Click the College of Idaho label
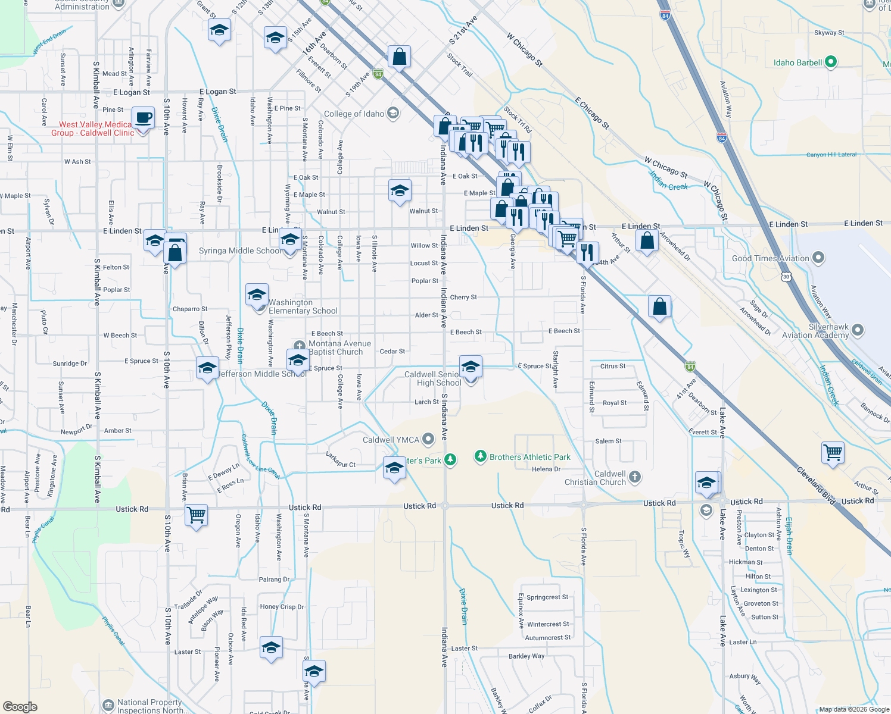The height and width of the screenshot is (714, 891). pyautogui.click(x=354, y=114)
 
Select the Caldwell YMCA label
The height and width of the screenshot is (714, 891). pyautogui.click(x=391, y=440)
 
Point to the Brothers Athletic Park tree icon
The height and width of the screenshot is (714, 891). pyautogui.click(x=480, y=456)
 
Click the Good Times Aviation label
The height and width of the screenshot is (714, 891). pyautogui.click(x=770, y=258)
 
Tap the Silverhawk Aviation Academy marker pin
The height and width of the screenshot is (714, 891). pyautogui.click(x=858, y=330)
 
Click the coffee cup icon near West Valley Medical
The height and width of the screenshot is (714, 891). pyautogui.click(x=142, y=117)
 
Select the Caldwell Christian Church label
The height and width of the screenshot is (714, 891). pyautogui.click(x=595, y=478)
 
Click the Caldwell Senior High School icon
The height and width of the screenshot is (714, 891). pyautogui.click(x=470, y=367)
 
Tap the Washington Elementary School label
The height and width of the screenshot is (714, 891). pyautogui.click(x=303, y=306)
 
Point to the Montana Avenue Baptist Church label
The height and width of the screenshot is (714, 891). pyautogui.click(x=339, y=347)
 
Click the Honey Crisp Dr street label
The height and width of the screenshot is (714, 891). pyautogui.click(x=282, y=607)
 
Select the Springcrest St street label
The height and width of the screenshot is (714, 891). pyautogui.click(x=547, y=597)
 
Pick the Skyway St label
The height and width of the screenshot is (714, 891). pyautogui.click(x=829, y=33)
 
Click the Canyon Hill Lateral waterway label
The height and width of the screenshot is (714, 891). pyautogui.click(x=831, y=155)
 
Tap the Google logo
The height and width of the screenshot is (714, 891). pyautogui.click(x=20, y=706)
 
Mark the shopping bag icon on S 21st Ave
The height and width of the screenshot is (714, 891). pyautogui.click(x=399, y=57)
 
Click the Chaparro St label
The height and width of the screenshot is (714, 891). pyautogui.click(x=190, y=309)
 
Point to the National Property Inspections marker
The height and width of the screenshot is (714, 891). pyautogui.click(x=108, y=706)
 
